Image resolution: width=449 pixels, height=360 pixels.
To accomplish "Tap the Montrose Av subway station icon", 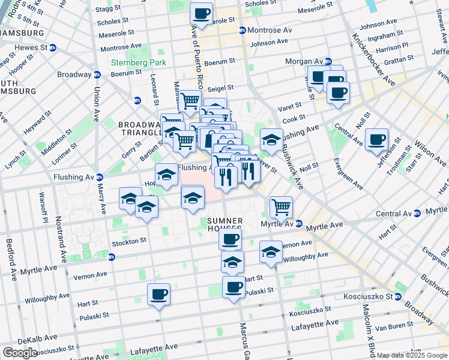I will click(242, 31).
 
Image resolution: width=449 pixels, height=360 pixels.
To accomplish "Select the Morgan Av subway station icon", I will click(328, 62).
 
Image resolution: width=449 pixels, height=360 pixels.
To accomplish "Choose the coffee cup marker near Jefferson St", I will click(376, 140).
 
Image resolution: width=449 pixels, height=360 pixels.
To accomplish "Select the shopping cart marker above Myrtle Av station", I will click(280, 208).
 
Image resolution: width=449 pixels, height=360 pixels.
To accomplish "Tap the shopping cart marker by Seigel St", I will click(190, 101).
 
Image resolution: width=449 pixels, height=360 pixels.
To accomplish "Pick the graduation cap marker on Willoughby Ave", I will click(271, 252).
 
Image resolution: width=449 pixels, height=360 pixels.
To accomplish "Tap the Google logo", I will click(19, 353).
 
